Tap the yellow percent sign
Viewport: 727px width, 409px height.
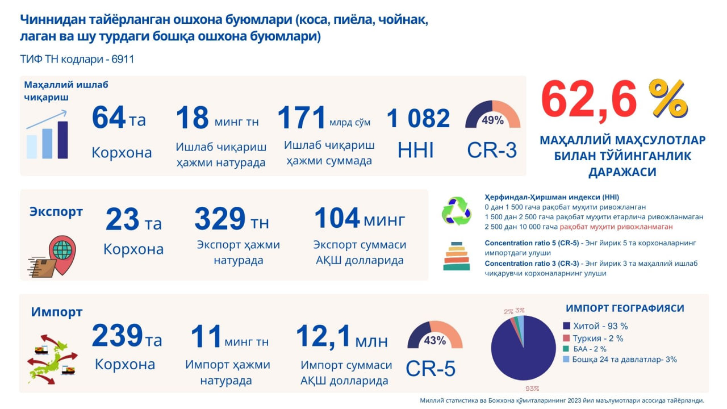click(x=668, y=98)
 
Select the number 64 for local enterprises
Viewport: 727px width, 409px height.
click(x=108, y=117)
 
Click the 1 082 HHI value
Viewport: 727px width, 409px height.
click(x=418, y=118)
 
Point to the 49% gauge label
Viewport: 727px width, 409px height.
click(x=492, y=120)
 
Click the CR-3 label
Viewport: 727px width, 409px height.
click(x=492, y=151)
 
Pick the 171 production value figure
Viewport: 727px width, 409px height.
click(x=301, y=117)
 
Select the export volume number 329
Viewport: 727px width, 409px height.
click(x=220, y=219)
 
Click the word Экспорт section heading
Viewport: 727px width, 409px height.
click(x=56, y=211)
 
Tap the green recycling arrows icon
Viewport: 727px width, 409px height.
click(x=457, y=211)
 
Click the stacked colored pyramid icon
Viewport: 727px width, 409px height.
click(x=457, y=256)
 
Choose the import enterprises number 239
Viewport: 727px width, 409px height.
click(x=117, y=335)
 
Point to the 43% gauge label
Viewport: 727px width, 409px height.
click(x=435, y=340)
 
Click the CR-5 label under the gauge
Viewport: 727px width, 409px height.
click(x=431, y=369)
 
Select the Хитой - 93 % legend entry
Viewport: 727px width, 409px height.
click(x=596, y=326)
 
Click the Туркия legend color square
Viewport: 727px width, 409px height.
click(x=566, y=338)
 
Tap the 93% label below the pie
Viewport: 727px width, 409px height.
click(x=532, y=389)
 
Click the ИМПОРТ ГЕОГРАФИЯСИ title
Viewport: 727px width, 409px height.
click(x=625, y=308)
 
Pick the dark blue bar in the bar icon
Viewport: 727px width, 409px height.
click(x=62, y=140)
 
